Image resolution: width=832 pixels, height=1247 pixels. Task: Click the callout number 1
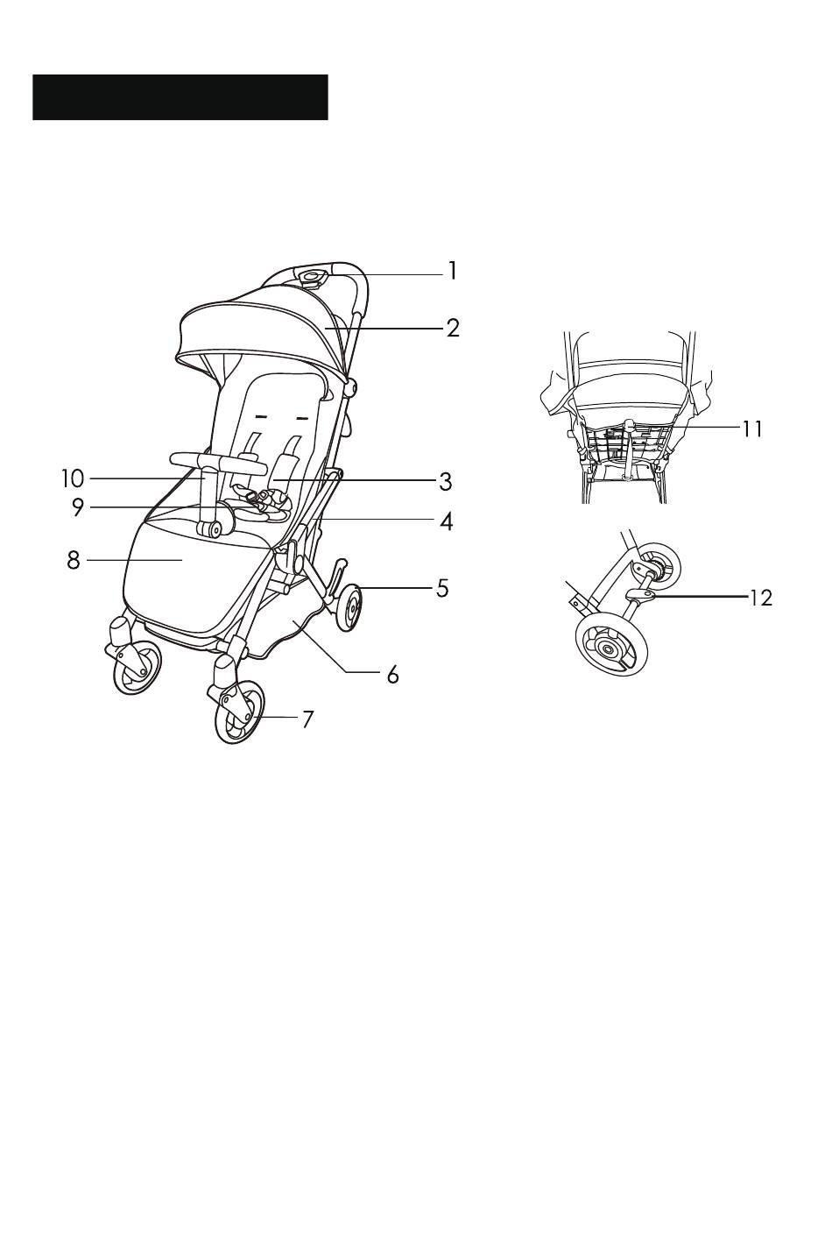[x=453, y=271]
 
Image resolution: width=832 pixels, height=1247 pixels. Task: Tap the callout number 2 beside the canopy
[x=453, y=329]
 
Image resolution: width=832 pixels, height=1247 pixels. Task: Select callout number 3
[x=445, y=482]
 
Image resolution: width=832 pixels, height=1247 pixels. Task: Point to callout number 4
[x=446, y=521]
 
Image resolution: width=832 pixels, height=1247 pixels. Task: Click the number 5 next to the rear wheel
[x=442, y=588]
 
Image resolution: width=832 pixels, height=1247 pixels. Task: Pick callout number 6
[x=393, y=675]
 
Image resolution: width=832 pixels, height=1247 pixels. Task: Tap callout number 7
[x=307, y=719]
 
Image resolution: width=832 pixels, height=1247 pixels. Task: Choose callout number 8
[x=74, y=560]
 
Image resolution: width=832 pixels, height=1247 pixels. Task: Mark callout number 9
[x=78, y=507]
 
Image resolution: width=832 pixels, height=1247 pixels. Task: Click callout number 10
[x=73, y=478]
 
